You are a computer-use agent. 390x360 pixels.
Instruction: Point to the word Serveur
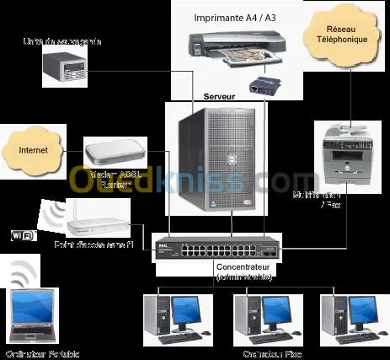(x=220, y=97)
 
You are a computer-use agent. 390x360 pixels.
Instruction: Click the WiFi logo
(x=22, y=235)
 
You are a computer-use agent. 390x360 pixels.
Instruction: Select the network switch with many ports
(x=218, y=251)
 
